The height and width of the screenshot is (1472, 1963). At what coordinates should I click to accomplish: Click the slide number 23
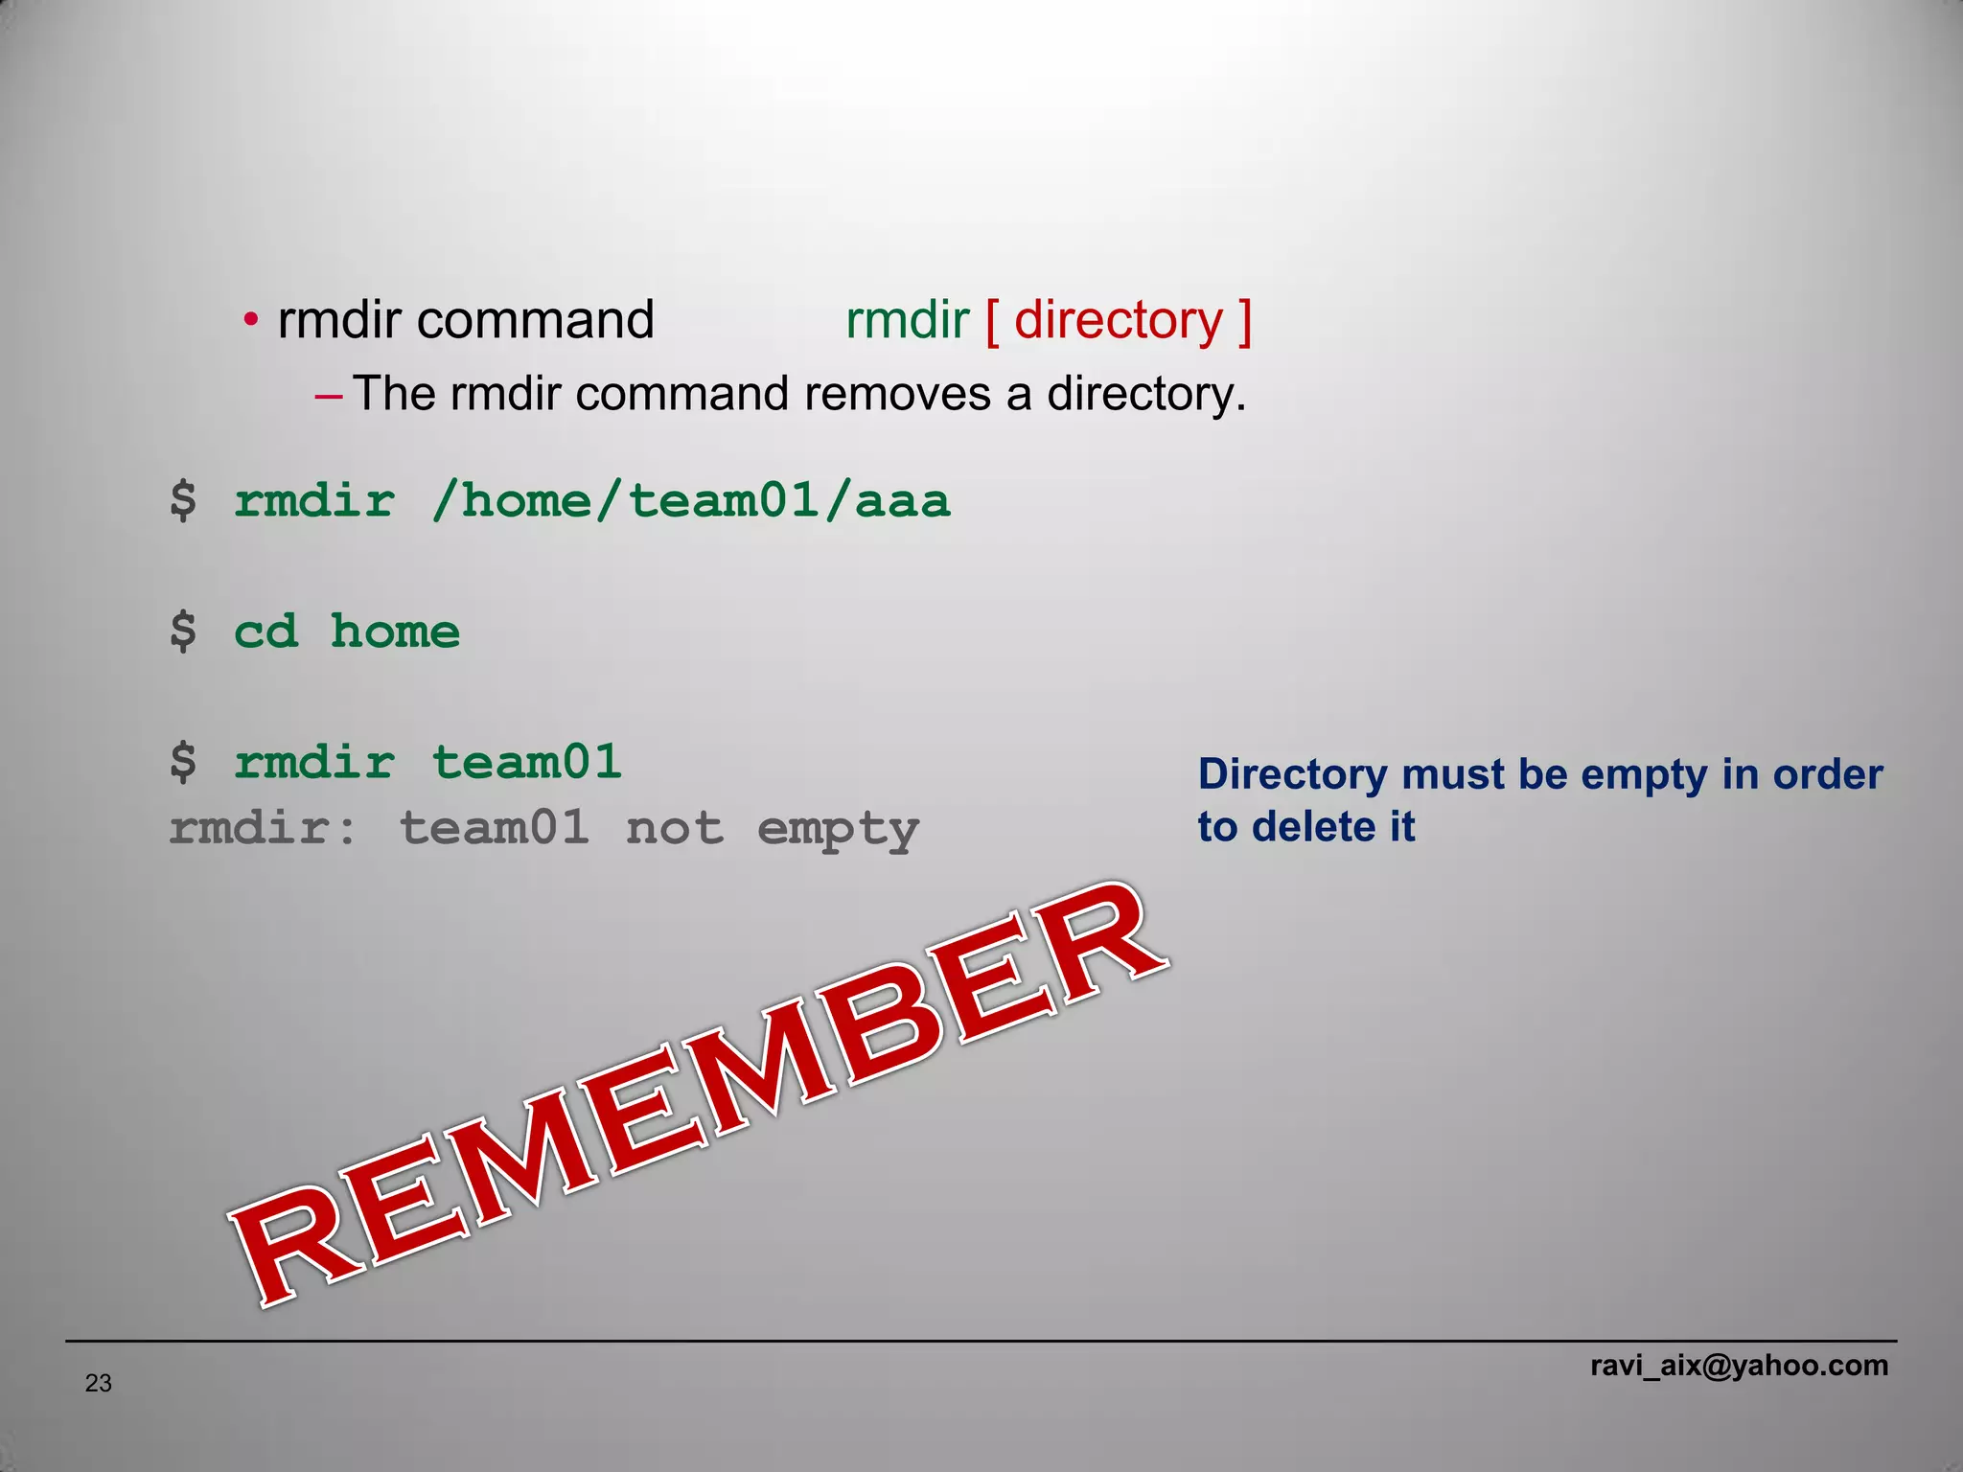(x=98, y=1383)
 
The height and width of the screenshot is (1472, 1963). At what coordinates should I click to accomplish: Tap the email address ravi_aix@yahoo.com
(x=1739, y=1365)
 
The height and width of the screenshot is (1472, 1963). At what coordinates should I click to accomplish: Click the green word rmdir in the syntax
(x=907, y=320)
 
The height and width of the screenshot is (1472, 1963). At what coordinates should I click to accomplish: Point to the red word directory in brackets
(x=1119, y=320)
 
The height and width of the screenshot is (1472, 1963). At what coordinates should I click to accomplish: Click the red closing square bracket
(x=1244, y=322)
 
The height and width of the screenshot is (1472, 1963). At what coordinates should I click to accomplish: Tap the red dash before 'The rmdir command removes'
(x=328, y=395)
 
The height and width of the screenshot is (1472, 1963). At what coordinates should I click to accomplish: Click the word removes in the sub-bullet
(x=897, y=394)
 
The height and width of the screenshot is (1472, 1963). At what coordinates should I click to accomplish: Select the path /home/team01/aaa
(x=690, y=501)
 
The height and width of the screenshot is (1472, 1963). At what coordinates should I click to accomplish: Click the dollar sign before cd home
(x=182, y=632)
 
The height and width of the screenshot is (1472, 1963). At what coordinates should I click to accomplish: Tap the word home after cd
(x=395, y=632)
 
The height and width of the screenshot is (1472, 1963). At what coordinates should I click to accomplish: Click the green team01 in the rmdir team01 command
(x=526, y=763)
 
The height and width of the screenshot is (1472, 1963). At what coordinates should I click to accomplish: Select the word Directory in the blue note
(x=1291, y=774)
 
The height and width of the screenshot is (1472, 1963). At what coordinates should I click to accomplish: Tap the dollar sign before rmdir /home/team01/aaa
(x=182, y=501)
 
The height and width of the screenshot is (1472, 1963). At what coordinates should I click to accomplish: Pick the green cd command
(x=266, y=632)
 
